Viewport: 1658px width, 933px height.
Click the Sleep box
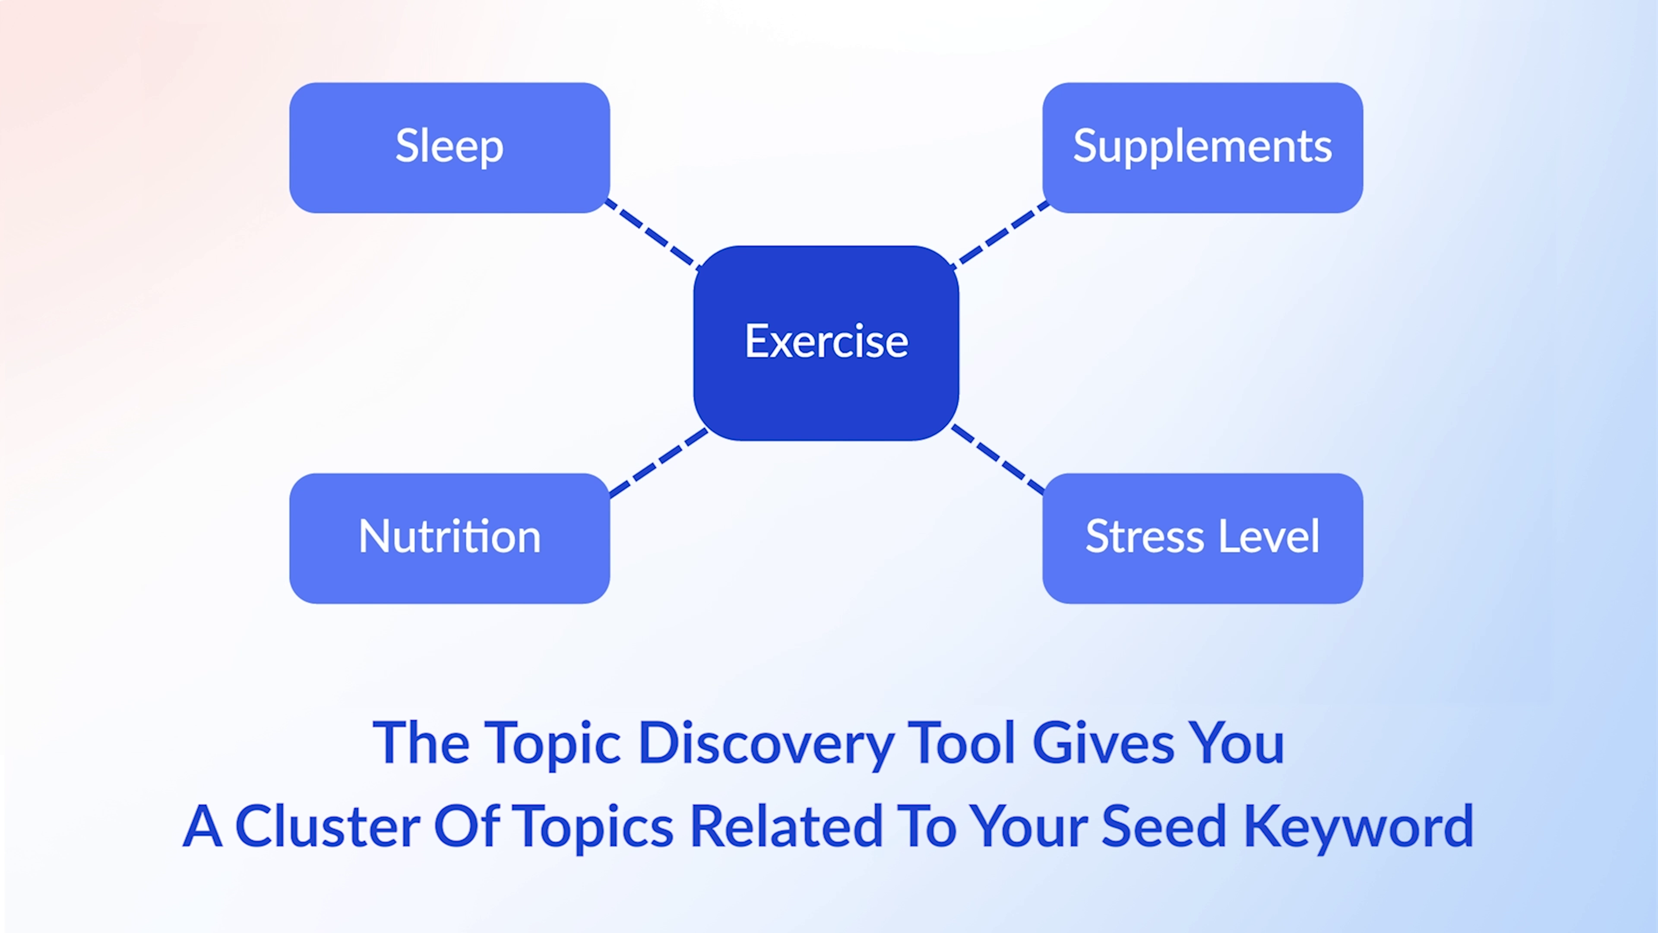click(x=449, y=147)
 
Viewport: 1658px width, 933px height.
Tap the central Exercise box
click(x=826, y=343)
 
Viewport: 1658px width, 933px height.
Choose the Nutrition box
click(x=449, y=538)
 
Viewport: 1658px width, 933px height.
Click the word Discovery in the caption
click(x=766, y=744)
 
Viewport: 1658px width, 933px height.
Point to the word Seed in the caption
click(x=1164, y=827)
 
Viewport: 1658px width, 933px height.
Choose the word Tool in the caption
click(x=964, y=744)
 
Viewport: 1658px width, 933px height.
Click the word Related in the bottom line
click(x=786, y=827)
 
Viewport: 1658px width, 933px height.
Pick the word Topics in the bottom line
click(x=596, y=827)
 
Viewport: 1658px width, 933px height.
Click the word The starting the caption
click(x=421, y=744)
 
